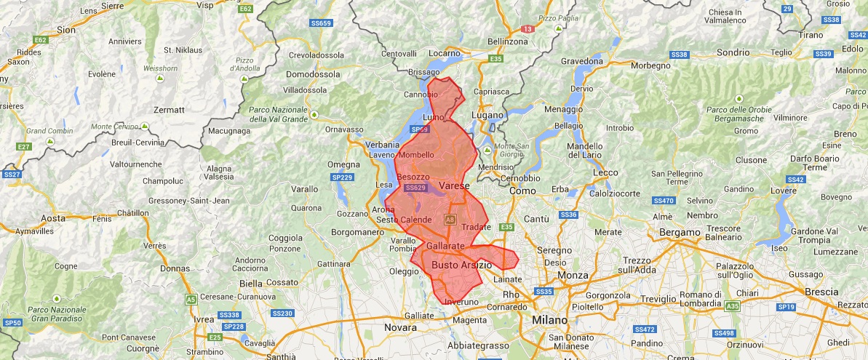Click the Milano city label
[549, 321]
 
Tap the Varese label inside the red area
[455, 187]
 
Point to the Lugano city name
[487, 116]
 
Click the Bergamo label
[679, 233]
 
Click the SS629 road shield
[415, 188]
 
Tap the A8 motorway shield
[450, 219]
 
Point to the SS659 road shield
[320, 23]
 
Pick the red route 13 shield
[527, 29]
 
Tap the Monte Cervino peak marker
[145, 127]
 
